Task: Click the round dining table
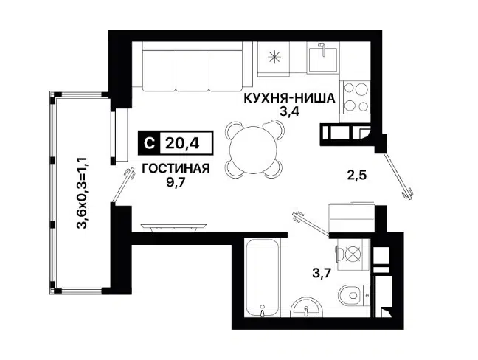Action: pyautogui.click(x=254, y=149)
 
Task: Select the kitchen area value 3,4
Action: pyautogui.click(x=289, y=112)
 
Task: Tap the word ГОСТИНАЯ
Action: pyautogui.click(x=176, y=168)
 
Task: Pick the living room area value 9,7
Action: pyautogui.click(x=176, y=181)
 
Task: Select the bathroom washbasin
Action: pyautogui.click(x=304, y=308)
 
